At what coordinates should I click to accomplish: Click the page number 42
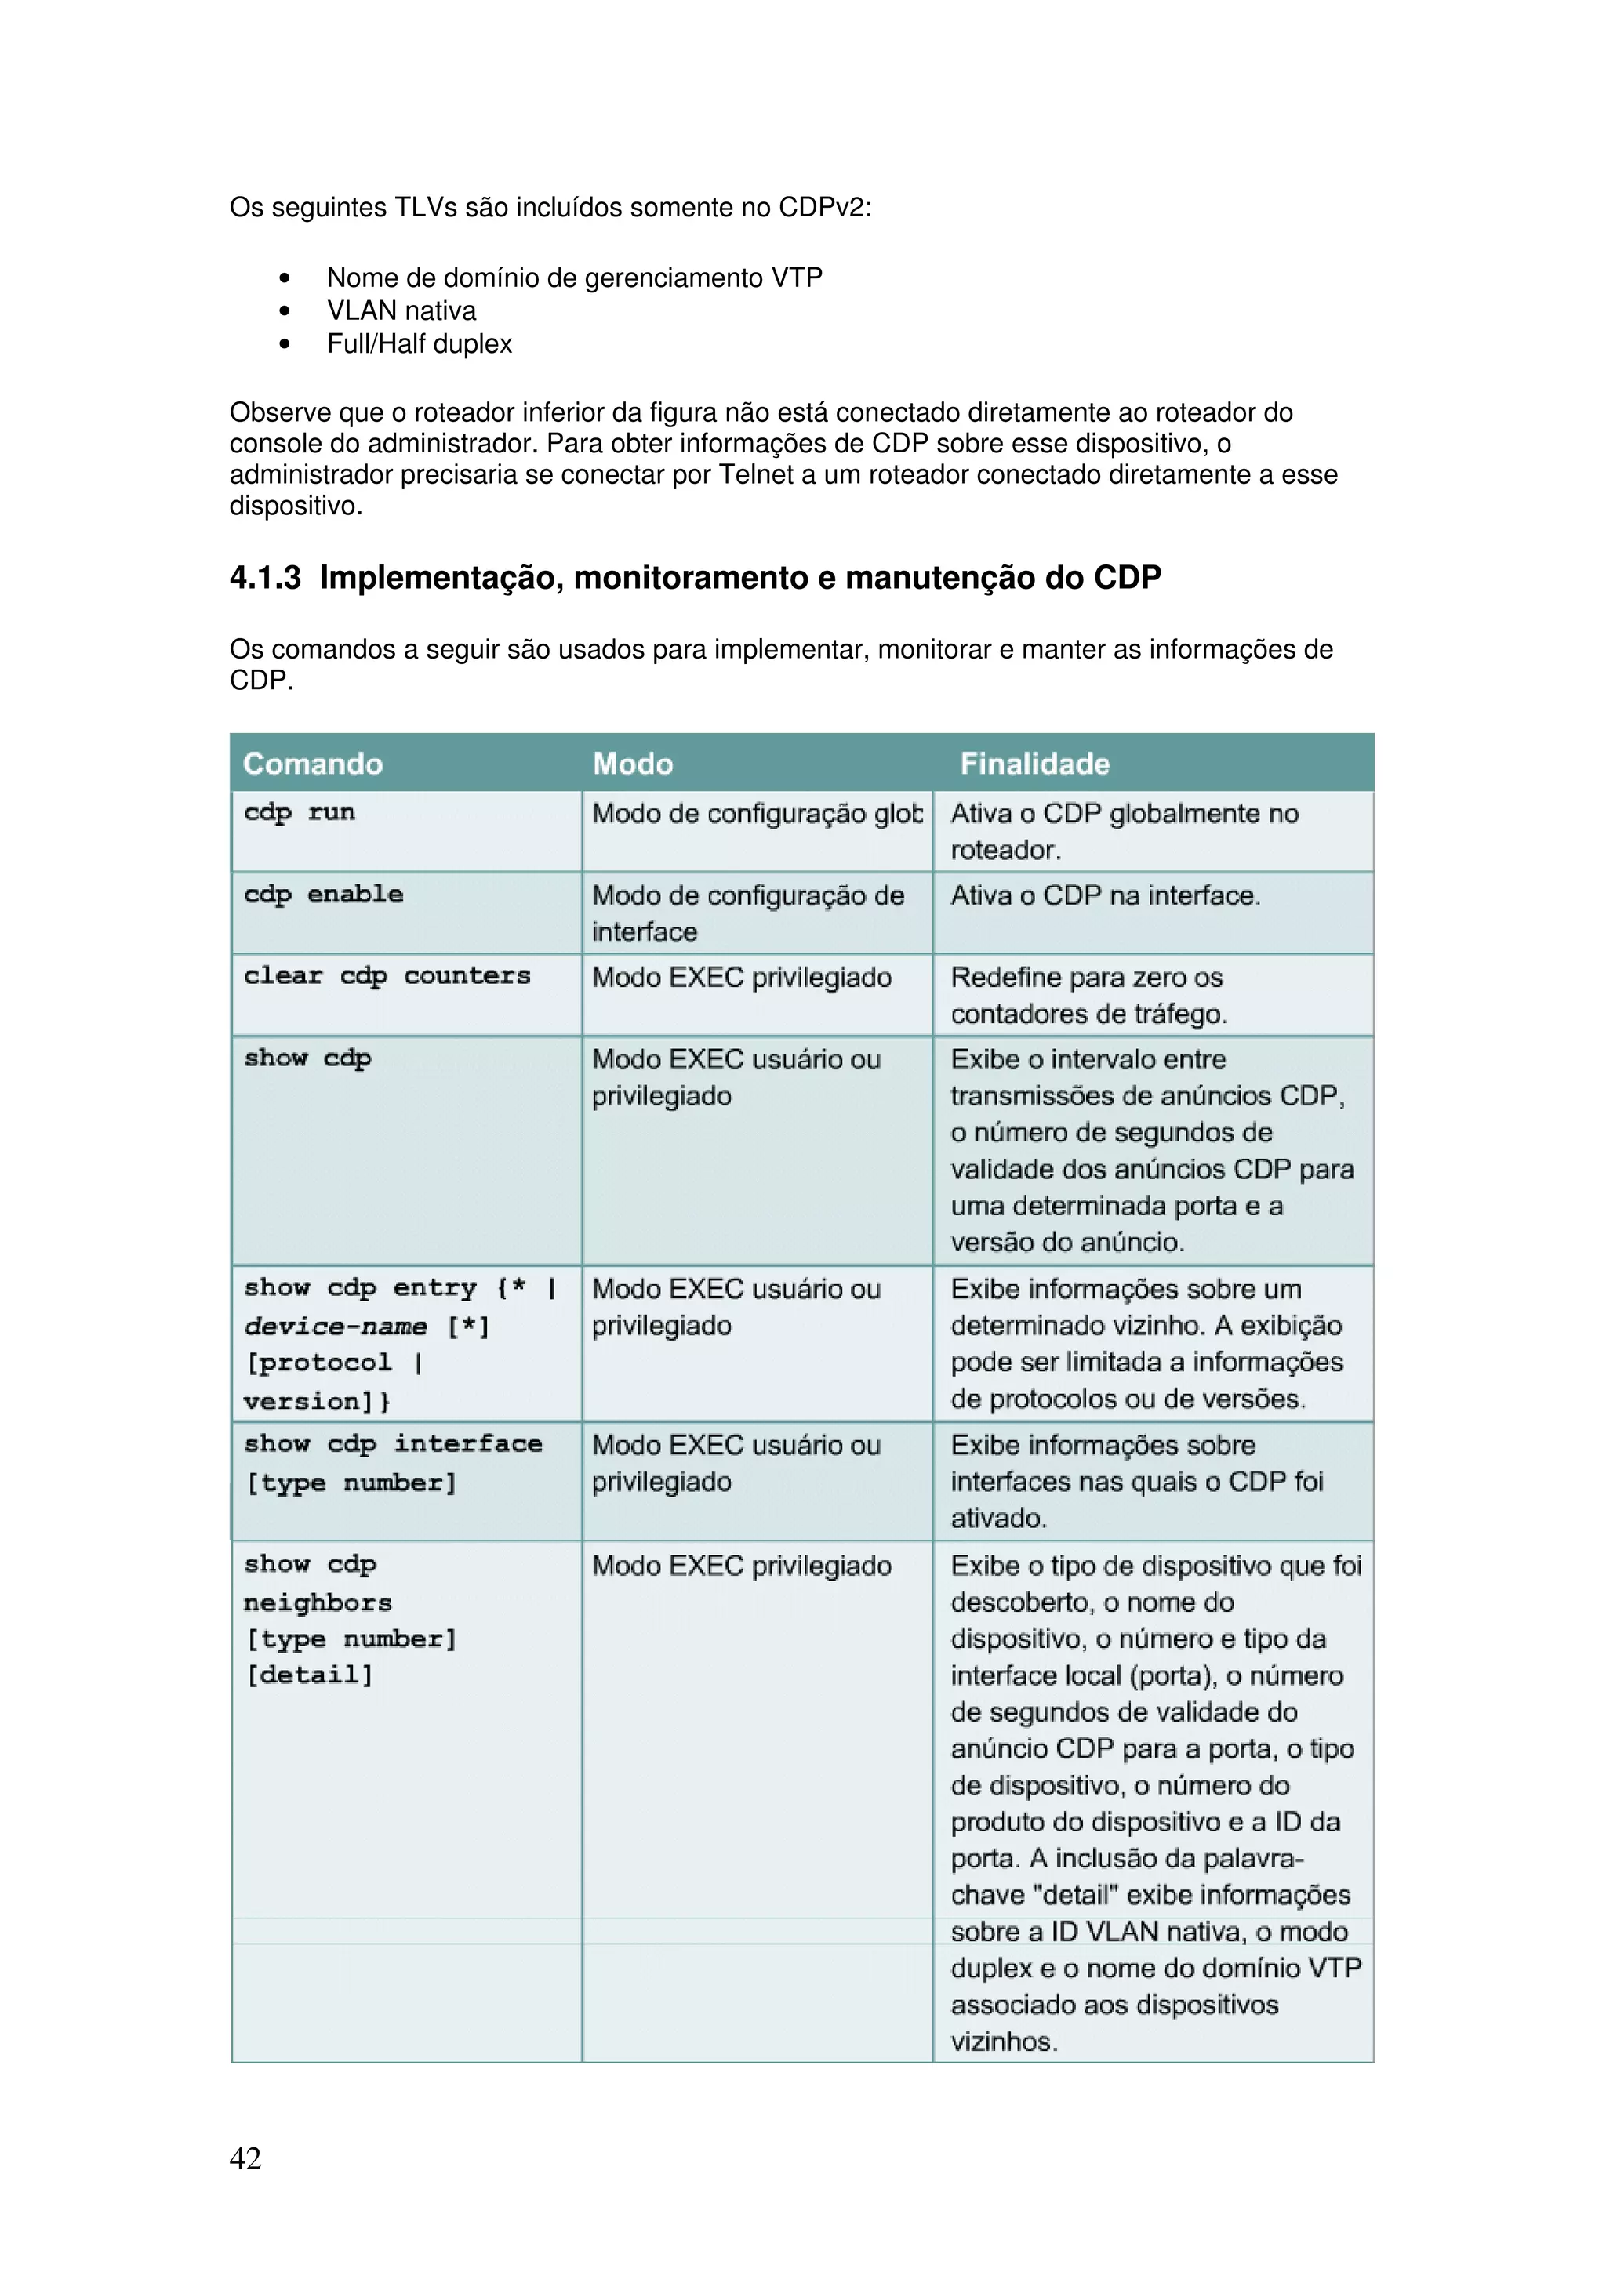245,2158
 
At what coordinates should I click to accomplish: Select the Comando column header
313,763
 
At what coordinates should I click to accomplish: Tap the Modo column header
632,763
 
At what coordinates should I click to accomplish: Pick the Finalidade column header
1034,763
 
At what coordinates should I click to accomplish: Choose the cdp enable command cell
324,895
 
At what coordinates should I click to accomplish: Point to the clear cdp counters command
387,976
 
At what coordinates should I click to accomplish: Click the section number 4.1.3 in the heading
265,577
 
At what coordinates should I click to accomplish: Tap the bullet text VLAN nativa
401,310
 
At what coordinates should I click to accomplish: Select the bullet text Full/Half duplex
420,343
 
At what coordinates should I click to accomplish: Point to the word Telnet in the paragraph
756,475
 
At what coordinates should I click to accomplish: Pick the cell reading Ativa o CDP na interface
1105,895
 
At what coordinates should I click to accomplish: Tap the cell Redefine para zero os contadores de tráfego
1088,996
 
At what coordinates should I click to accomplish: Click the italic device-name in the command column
336,1326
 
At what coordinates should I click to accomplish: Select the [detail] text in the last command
310,1675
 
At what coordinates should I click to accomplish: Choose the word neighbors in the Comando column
318,1602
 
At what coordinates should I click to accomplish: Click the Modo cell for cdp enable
747,913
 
